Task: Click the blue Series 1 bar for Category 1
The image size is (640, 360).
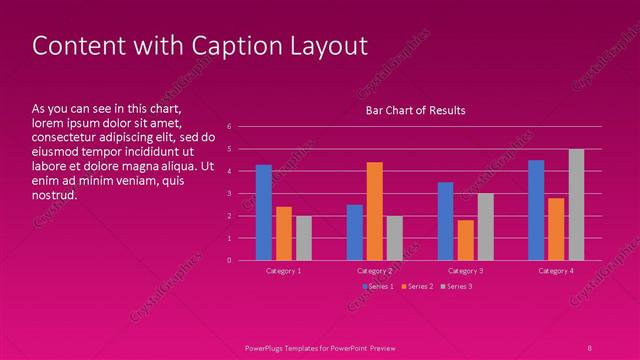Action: (x=264, y=212)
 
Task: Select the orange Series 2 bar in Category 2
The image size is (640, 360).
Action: (x=374, y=211)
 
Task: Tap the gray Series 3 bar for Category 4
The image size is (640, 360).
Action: (x=576, y=204)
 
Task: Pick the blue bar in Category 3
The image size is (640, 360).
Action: (x=445, y=221)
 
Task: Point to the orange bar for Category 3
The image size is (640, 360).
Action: (x=465, y=240)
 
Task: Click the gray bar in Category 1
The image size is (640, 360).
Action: (x=303, y=238)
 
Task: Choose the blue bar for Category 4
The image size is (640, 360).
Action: (x=536, y=210)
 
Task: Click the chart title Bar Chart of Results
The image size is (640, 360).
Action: (x=414, y=110)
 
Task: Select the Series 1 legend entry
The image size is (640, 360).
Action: (x=377, y=287)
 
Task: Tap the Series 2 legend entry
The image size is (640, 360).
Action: (x=417, y=287)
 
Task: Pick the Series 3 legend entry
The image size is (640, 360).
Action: (x=456, y=287)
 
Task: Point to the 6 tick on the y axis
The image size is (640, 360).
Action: (x=230, y=127)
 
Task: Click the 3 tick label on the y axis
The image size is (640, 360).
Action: (x=230, y=194)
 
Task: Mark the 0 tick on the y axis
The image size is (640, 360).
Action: (x=230, y=260)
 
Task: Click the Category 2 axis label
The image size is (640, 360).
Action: (x=374, y=271)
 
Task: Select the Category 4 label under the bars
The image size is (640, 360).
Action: (x=556, y=271)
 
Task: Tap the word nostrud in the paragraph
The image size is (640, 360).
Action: (x=55, y=194)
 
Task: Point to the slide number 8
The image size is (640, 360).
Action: (x=590, y=347)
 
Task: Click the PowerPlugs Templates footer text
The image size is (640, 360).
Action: (x=320, y=347)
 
